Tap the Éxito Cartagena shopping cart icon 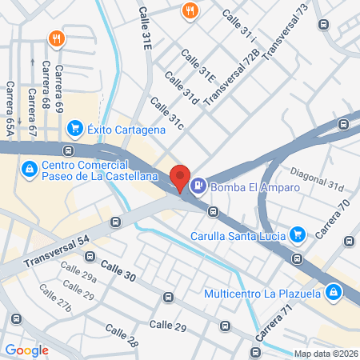point(75,126)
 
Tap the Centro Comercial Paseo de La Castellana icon point(29,168)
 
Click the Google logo point(26,350)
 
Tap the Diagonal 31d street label point(317,183)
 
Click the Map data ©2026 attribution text point(325,354)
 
